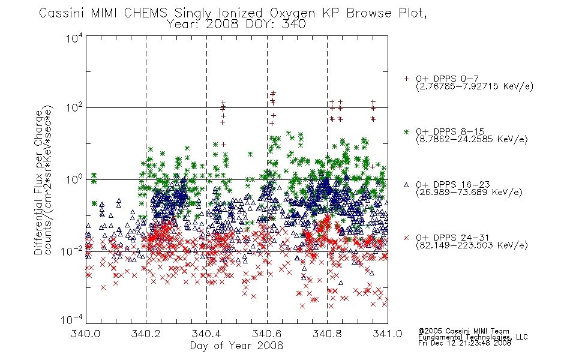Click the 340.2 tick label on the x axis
pyautogui.click(x=146, y=334)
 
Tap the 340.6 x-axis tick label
pyautogui.click(x=267, y=334)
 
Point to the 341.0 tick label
pyautogui.click(x=388, y=334)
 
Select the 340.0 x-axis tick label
pyautogui.click(x=86, y=334)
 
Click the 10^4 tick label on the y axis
pyautogui.click(x=74, y=38)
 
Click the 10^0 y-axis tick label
pyautogui.click(x=74, y=179)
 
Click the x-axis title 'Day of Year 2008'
pyautogui.click(x=236, y=346)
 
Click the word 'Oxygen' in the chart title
pyautogui.click(x=292, y=13)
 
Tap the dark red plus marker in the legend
pyautogui.click(x=406, y=79)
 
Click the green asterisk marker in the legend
pyautogui.click(x=406, y=132)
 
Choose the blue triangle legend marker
pyautogui.click(x=406, y=185)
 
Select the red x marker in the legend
pyautogui.click(x=406, y=238)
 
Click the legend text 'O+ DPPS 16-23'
pyautogui.click(x=453, y=184)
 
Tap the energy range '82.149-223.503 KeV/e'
pyautogui.click(x=472, y=245)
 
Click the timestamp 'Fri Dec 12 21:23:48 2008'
pyautogui.click(x=464, y=343)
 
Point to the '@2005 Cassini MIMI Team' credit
pyautogui.click(x=463, y=331)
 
